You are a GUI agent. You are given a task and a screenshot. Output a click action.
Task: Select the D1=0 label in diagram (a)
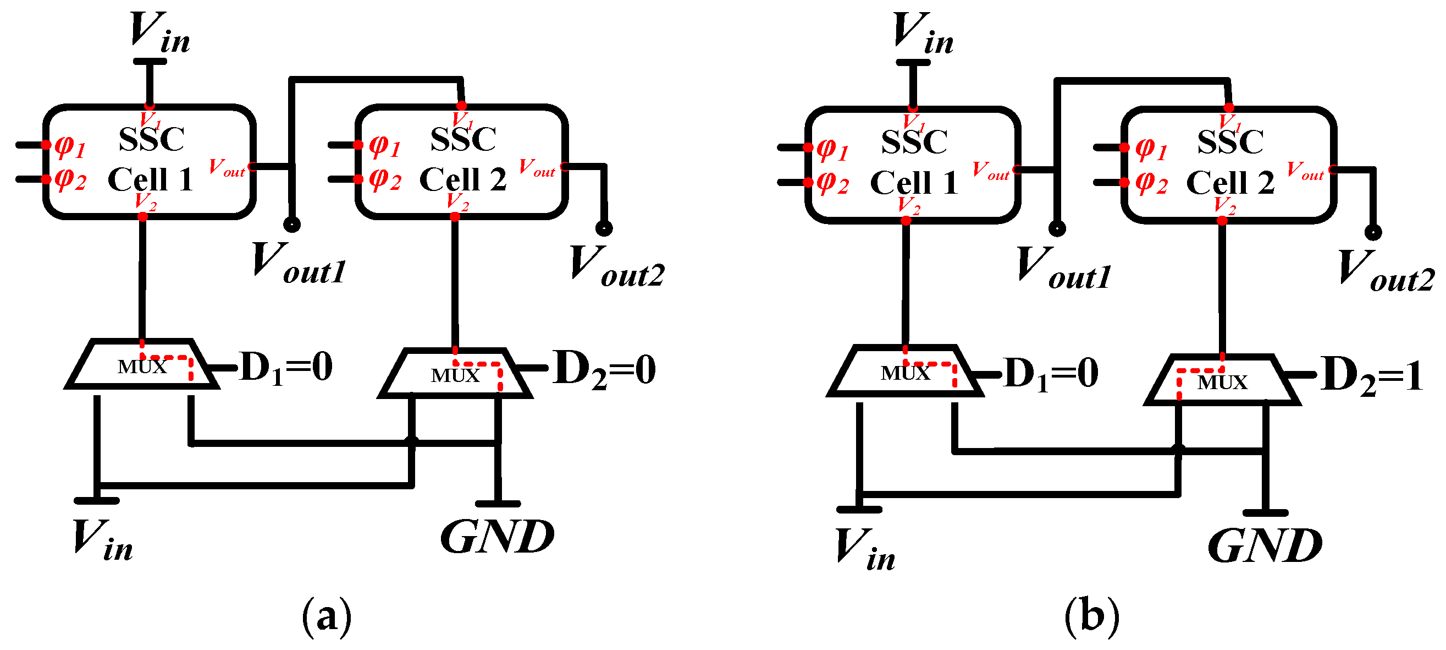click(286, 369)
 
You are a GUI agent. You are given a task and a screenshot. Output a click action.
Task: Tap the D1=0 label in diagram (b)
click(1051, 374)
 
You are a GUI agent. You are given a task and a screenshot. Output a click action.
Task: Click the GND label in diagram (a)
click(498, 537)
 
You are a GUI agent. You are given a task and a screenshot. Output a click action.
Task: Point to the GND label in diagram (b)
click(1265, 545)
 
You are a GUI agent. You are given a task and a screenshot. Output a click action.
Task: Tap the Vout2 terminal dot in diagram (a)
click(604, 228)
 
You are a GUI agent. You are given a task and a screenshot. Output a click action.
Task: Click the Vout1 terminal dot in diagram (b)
click(1057, 228)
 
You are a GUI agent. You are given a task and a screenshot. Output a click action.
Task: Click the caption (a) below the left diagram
click(327, 617)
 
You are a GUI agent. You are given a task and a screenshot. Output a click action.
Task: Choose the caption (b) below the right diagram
click(1091, 617)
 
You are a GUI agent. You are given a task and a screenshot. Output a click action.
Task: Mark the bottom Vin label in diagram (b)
click(864, 549)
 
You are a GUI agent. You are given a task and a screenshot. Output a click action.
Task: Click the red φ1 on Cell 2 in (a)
click(384, 146)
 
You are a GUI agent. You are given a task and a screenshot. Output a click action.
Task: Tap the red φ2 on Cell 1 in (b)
click(832, 183)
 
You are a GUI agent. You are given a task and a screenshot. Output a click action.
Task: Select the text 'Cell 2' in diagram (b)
click(1230, 183)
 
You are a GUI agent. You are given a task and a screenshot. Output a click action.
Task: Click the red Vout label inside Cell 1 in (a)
click(227, 167)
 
